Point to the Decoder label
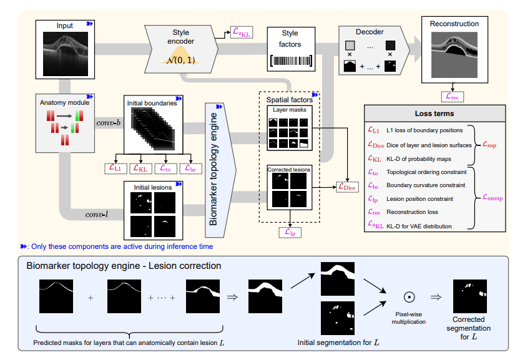(370, 32)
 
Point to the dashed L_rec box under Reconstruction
(452, 96)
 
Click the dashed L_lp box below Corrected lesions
(290, 232)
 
